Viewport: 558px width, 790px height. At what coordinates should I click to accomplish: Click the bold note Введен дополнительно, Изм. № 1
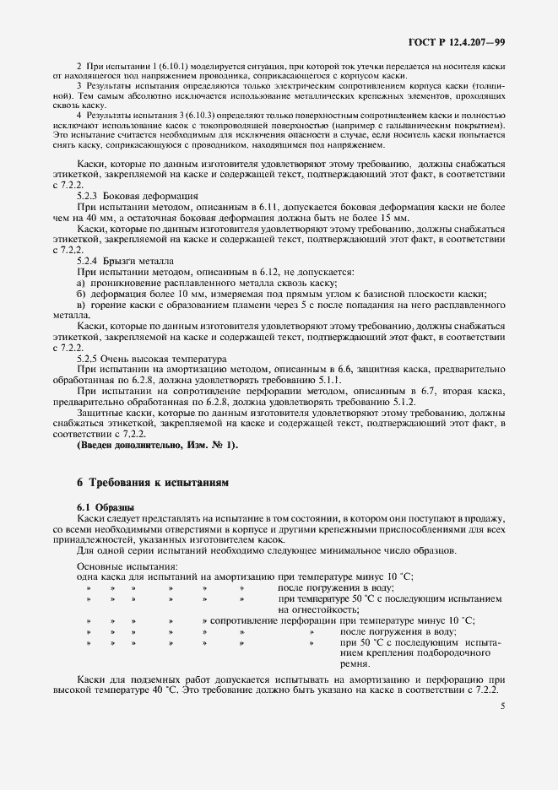tap(157, 445)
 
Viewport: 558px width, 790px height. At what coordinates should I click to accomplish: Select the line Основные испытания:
tap(127, 565)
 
